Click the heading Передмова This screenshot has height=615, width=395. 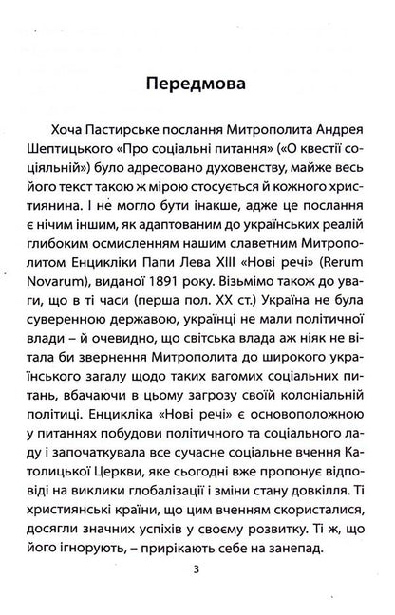(197, 84)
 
